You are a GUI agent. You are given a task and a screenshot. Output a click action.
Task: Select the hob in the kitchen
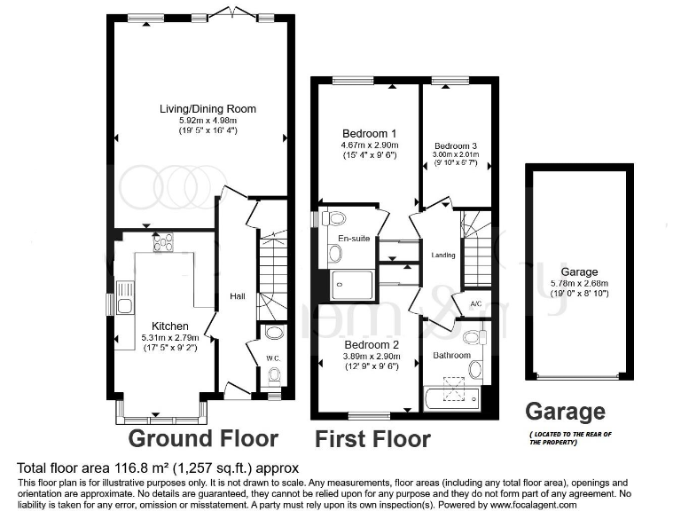click(163, 242)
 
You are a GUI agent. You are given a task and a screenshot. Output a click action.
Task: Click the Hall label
click(238, 296)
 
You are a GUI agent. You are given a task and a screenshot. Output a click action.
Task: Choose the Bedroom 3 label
click(456, 145)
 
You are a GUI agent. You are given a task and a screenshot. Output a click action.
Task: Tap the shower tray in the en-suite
click(351, 285)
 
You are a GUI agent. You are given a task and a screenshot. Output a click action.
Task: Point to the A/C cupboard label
click(476, 303)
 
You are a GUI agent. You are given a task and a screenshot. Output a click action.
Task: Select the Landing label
click(443, 255)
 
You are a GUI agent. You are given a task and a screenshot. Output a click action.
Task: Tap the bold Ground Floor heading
click(204, 438)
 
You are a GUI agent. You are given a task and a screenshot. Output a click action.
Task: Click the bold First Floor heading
click(373, 439)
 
